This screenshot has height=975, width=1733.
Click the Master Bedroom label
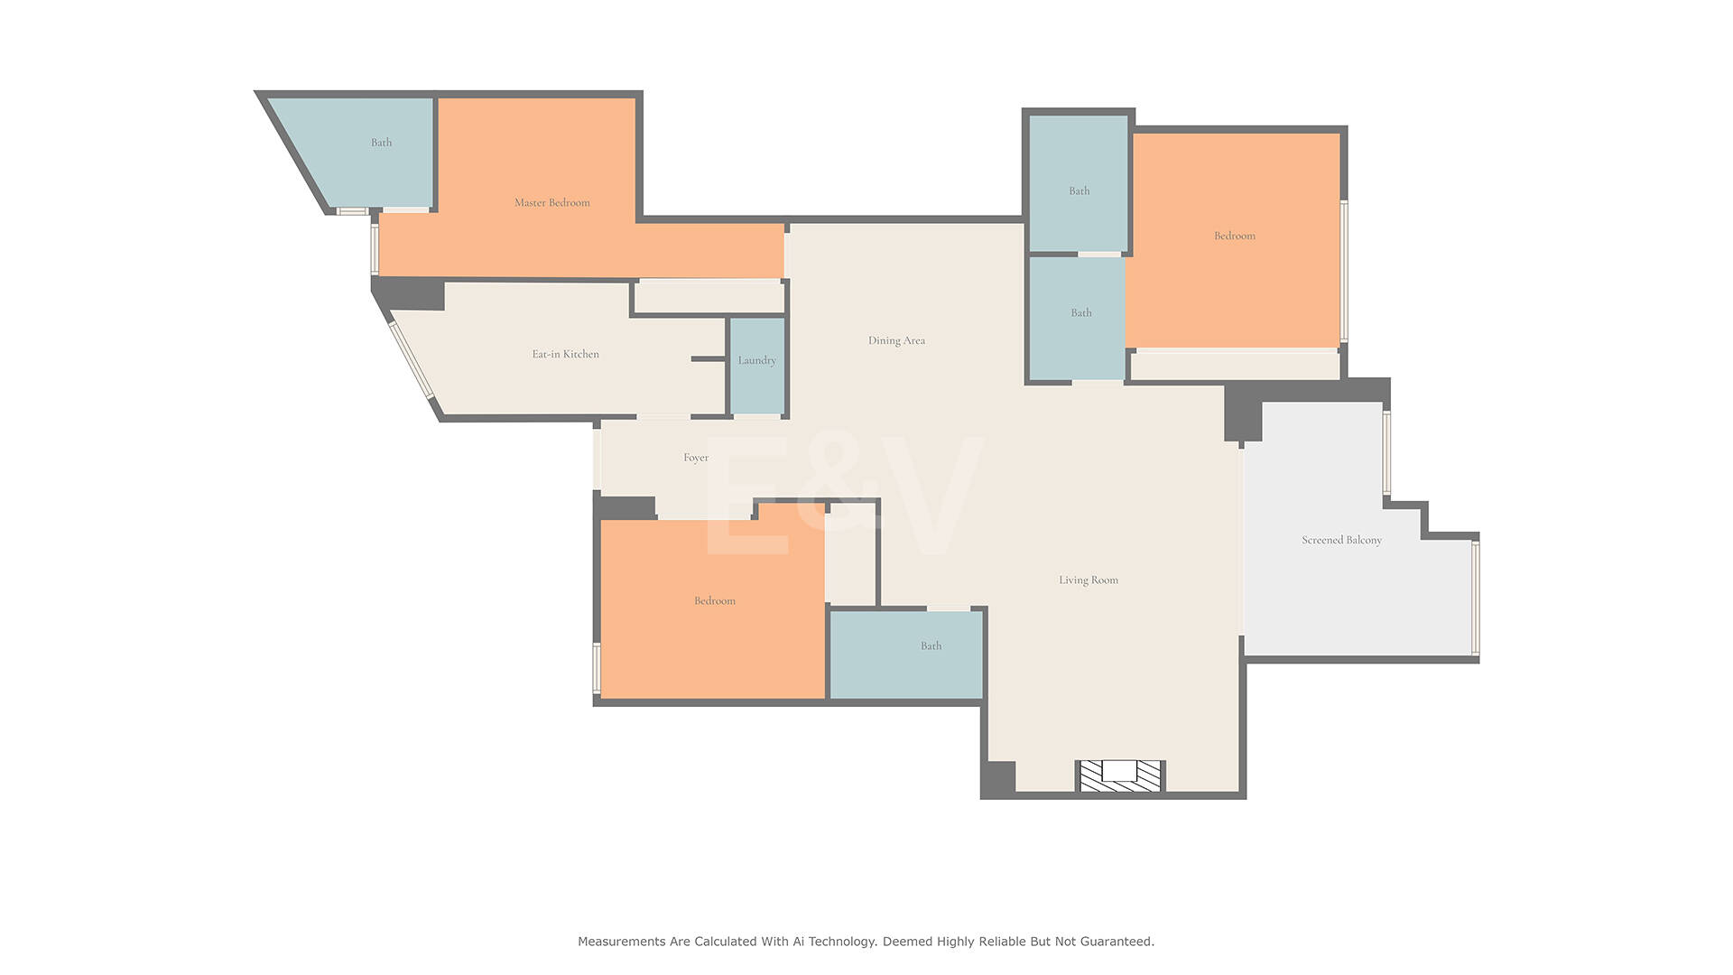click(551, 202)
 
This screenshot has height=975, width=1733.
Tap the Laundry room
click(756, 366)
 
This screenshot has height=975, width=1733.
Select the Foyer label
click(696, 458)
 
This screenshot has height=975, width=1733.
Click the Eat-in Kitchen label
click(565, 354)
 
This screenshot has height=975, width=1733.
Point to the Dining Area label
click(896, 340)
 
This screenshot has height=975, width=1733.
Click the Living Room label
click(1089, 580)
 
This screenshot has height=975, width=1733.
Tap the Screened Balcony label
click(1341, 540)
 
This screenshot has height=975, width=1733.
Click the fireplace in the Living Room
click(1120, 775)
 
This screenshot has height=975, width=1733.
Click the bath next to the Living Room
click(905, 655)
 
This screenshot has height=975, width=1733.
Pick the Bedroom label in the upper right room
click(1235, 236)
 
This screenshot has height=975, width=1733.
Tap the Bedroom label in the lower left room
click(715, 600)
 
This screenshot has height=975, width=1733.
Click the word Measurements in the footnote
click(621, 942)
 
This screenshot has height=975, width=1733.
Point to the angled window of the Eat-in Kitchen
click(412, 359)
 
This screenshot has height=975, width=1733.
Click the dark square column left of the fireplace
click(998, 778)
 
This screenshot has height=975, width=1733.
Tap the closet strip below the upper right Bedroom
click(1235, 366)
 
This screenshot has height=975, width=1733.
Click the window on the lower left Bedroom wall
click(597, 667)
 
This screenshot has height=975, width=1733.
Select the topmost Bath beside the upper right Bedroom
click(1079, 183)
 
